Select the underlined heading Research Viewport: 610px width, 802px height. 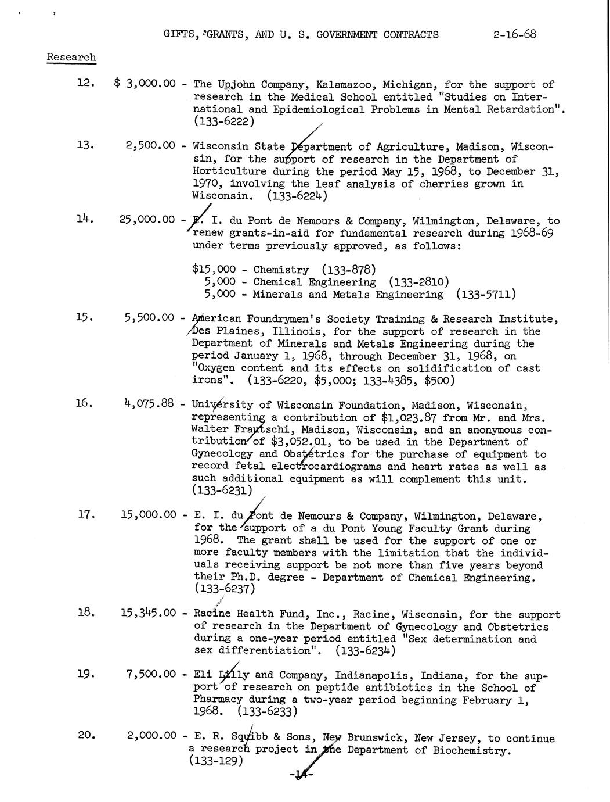pos(71,58)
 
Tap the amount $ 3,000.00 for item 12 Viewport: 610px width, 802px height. pos(145,84)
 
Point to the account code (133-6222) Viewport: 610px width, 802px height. pos(223,121)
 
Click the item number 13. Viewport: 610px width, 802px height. pos(85,145)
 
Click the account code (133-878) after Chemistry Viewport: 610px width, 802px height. pos(348,270)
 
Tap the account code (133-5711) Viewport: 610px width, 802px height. pos(486,294)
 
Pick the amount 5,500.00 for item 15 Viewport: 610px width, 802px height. pos(149,318)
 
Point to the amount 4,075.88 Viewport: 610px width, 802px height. pos(149,402)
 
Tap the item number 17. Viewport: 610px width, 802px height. pos(86,514)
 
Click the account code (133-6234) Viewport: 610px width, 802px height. pos(365,651)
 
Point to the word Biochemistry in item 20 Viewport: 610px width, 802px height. pos(471,750)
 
